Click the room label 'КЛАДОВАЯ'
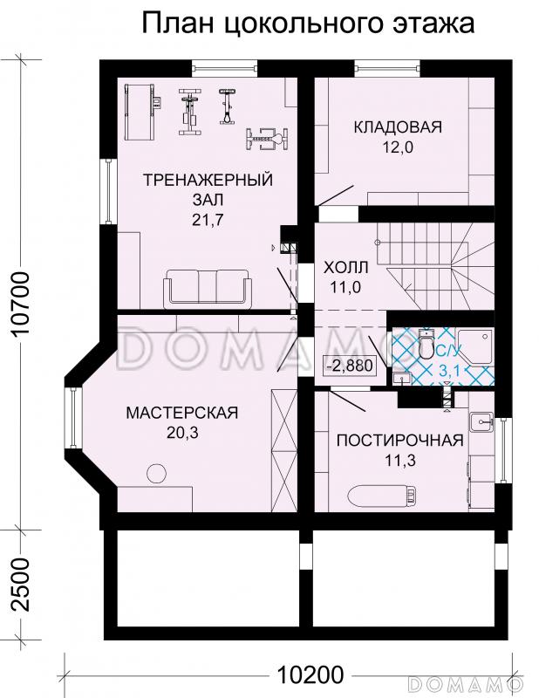(398, 127)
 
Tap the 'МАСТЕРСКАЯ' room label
(181, 413)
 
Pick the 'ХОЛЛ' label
(346, 266)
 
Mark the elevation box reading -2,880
(349, 366)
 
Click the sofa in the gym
(208, 286)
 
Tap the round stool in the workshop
(156, 474)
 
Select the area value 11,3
(399, 460)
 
